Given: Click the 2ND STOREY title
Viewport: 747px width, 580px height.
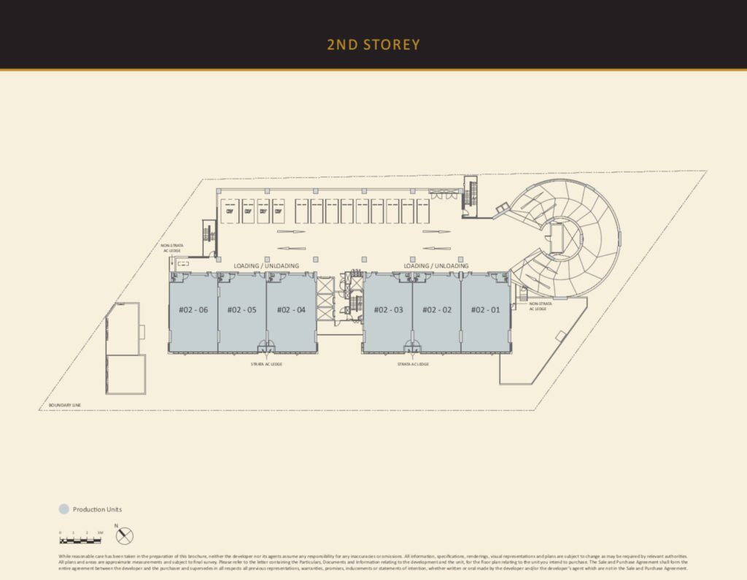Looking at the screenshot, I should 373,45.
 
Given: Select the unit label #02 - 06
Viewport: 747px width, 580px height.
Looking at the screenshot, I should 193,310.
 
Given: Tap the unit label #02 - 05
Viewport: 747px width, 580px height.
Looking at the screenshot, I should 241,310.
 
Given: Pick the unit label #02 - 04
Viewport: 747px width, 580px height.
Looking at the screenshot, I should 290,310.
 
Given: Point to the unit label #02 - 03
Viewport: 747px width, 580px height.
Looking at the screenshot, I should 388,310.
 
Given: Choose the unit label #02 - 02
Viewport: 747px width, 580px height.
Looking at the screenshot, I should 436,310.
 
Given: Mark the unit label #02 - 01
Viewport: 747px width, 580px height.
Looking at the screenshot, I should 485,310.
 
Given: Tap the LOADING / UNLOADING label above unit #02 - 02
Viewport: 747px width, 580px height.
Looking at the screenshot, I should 436,266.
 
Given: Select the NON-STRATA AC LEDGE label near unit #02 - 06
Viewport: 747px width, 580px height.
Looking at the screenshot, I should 171,248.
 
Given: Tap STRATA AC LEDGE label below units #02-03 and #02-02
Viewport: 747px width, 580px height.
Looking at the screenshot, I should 413,363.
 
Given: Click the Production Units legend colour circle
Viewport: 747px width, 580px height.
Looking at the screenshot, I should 63,509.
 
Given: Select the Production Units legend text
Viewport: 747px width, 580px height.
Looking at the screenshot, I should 97,509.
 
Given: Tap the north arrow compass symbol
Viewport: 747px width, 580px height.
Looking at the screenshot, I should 125,536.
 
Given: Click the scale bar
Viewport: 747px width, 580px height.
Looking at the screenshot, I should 81,541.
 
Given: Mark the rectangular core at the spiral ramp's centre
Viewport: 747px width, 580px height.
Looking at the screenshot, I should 557,238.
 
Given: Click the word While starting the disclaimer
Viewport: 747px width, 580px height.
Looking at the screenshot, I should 66,557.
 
